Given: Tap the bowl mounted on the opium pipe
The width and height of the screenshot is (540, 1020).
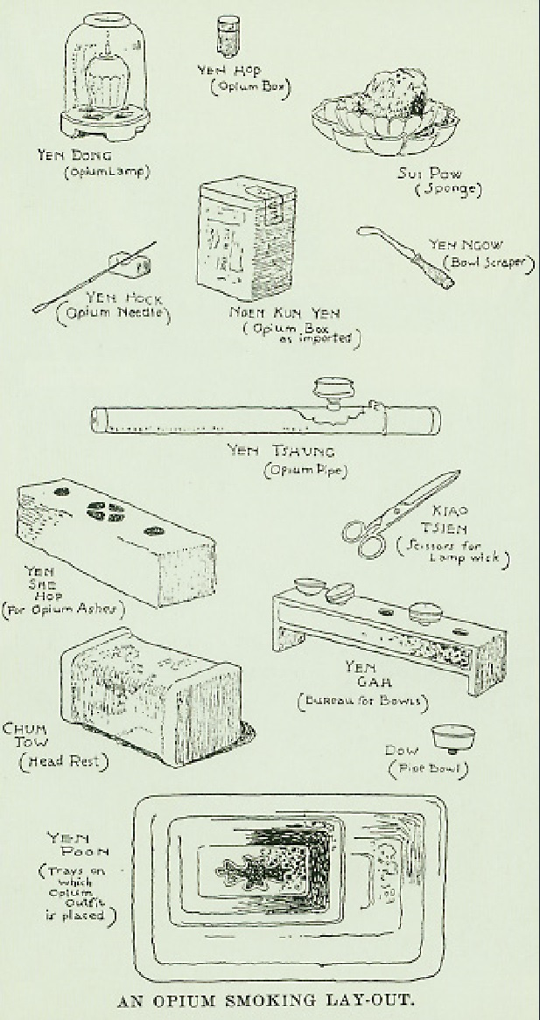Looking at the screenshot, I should (331, 388).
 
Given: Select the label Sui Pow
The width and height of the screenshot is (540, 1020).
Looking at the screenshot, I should (417, 173).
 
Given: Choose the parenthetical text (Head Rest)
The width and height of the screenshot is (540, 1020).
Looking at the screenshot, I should (64, 762).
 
